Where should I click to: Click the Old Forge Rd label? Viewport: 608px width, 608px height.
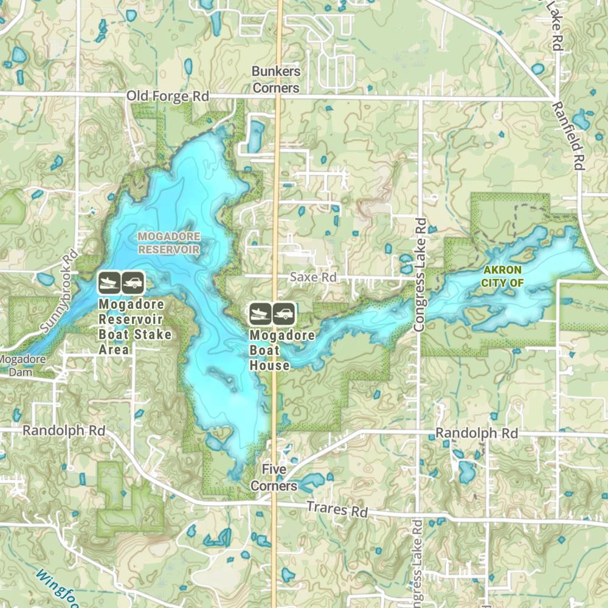pyautogui.click(x=168, y=97)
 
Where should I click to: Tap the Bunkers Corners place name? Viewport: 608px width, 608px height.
pyautogui.click(x=276, y=80)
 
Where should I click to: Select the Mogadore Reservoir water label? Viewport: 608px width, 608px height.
pyautogui.click(x=168, y=242)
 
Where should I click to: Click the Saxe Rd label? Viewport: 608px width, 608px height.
pyautogui.click(x=313, y=277)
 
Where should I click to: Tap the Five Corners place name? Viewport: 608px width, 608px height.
pyautogui.click(x=274, y=477)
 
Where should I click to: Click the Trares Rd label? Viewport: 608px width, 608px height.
pyautogui.click(x=337, y=510)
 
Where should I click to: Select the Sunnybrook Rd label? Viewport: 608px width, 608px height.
pyautogui.click(x=60, y=292)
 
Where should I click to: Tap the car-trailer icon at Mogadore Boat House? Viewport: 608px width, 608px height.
pyautogui.click(x=284, y=314)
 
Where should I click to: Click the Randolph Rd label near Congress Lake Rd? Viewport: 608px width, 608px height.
pyautogui.click(x=477, y=434)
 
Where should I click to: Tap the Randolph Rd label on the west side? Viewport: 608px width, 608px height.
pyautogui.click(x=63, y=430)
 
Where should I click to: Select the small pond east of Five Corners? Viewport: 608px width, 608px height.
pyautogui.click(x=311, y=480)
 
